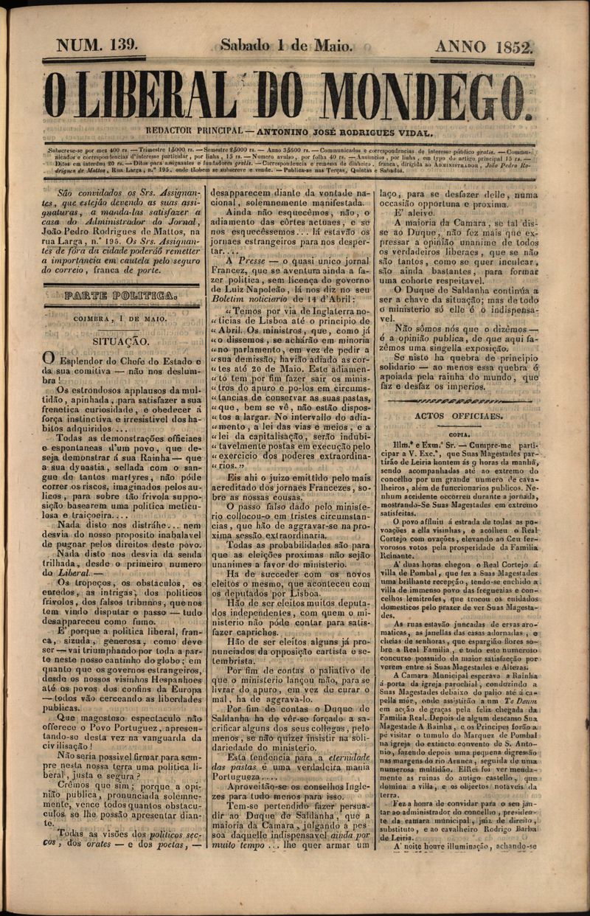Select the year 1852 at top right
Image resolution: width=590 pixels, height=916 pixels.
[507, 47]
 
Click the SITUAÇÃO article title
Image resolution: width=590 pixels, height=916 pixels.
[121, 341]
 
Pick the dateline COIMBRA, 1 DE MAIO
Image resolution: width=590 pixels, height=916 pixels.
[120, 319]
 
